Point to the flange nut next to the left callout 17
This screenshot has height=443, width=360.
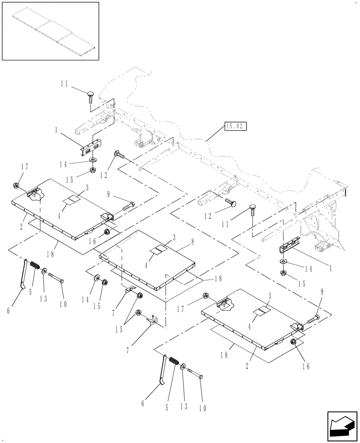(16, 185)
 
